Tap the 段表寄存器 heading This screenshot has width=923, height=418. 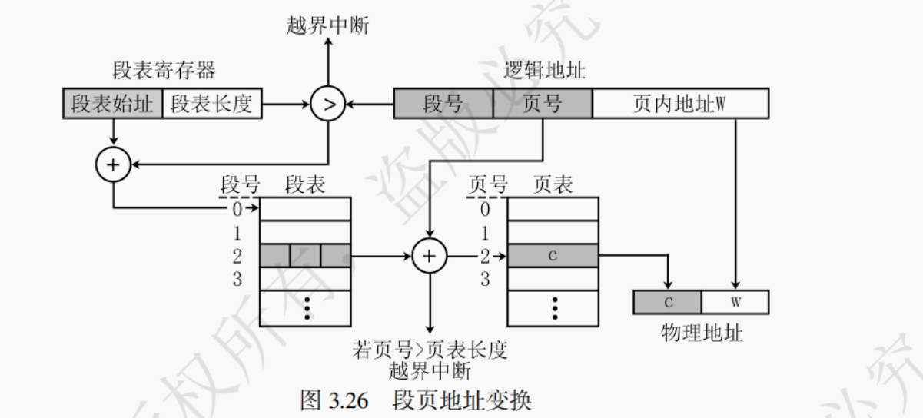163,71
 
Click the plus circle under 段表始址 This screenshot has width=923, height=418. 113,164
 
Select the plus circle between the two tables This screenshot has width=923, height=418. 430,256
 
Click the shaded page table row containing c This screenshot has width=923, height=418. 553,256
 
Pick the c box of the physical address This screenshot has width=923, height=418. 668,302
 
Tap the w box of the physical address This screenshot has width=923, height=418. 735,302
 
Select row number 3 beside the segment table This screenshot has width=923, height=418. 237,280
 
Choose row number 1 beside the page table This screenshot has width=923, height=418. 484,232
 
